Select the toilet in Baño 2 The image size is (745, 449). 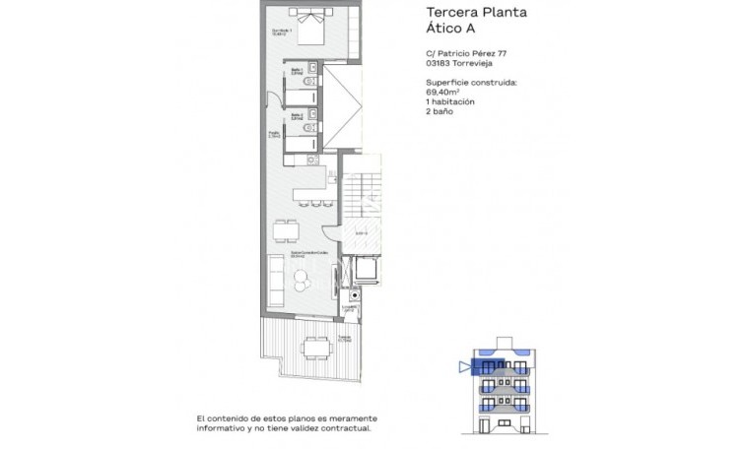(x=309, y=129)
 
